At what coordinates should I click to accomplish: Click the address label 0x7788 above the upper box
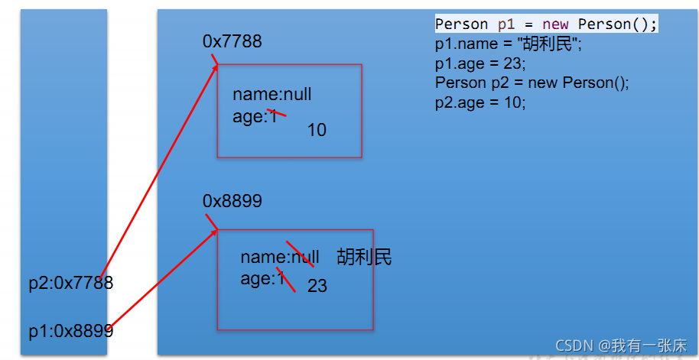tap(232, 41)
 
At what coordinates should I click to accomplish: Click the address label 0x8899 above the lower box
tap(232, 201)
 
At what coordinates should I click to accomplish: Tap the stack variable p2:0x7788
tap(70, 284)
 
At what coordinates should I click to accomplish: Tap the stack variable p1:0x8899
tap(70, 331)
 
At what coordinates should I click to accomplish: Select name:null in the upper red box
tap(271, 95)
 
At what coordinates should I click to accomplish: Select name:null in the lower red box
tap(279, 257)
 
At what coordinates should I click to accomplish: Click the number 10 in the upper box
tap(317, 131)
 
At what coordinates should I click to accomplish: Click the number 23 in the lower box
tap(317, 286)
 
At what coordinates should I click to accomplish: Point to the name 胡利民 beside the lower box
tap(364, 257)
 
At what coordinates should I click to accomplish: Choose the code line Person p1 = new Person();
tap(546, 24)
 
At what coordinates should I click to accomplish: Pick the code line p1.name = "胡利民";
tap(509, 44)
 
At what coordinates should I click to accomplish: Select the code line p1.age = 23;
tap(480, 64)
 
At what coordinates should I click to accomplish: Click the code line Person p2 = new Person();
tap(532, 83)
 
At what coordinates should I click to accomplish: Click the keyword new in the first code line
tap(555, 24)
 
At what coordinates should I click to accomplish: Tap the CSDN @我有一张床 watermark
tap(621, 345)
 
